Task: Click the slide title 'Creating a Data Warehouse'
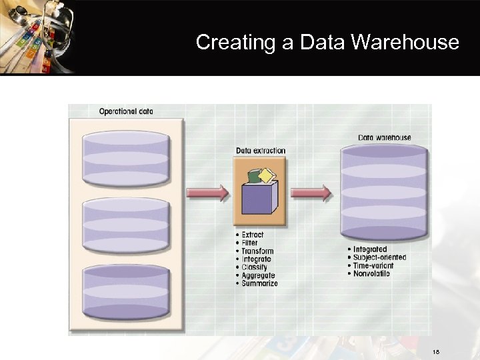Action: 327,43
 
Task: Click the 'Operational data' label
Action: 126,111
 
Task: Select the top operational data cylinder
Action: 126,158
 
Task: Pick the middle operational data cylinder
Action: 126,225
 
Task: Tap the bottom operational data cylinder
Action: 126,291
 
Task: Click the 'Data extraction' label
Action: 261,151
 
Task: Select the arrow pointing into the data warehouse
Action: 311,193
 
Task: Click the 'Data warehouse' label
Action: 385,138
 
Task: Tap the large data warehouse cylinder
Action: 383,193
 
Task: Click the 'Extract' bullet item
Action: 253,235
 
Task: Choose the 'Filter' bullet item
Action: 249,243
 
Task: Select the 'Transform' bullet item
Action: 257,251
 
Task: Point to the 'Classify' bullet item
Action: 254,267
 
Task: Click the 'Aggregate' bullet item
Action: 258,275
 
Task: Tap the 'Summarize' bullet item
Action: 259,283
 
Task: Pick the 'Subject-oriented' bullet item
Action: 379,257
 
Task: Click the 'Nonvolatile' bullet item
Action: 371,273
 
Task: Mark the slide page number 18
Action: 436,351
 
